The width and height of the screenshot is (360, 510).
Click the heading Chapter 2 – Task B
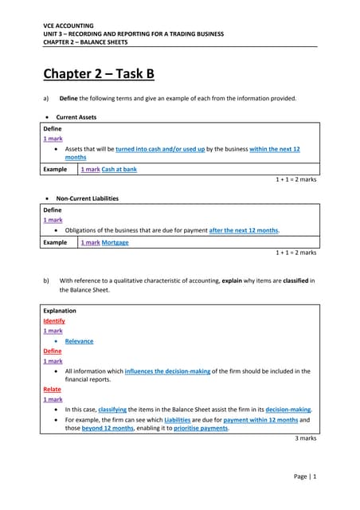pos(98,75)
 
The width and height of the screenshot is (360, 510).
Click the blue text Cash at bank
pos(119,170)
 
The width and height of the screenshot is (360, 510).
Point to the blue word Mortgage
pos(115,242)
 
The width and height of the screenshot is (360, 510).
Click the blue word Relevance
pos(79,341)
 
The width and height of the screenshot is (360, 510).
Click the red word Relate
pos(52,390)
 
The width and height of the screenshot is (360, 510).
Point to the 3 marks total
pos(301,438)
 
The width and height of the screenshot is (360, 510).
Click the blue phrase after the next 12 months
pos(244,230)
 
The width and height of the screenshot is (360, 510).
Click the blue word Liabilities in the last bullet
pos(181,419)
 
